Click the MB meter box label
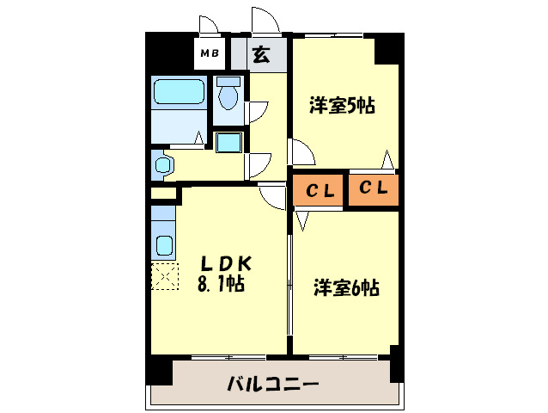[210, 53]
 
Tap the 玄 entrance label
[261, 54]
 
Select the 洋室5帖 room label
[342, 105]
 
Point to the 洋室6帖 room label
[346, 287]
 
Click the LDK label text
[225, 263]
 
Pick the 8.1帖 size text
[221, 283]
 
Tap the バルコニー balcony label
[273, 384]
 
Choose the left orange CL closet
[317, 190]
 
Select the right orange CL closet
[374, 190]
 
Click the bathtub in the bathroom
[179, 91]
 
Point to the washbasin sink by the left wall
[163, 164]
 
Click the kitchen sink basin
[164, 246]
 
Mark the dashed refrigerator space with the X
[165, 276]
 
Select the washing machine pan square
[229, 143]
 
